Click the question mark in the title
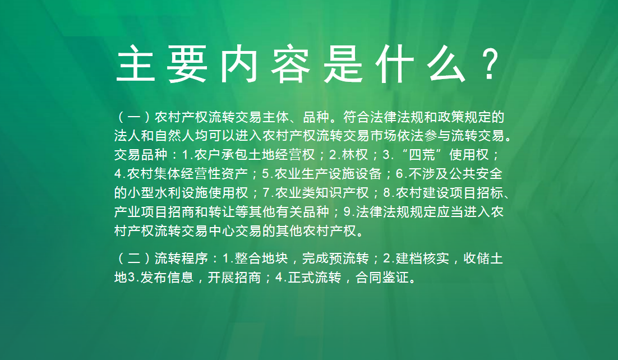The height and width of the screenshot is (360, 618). pos(490,63)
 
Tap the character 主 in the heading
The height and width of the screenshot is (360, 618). pos(136,63)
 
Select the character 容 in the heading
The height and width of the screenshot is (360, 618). pos(290,63)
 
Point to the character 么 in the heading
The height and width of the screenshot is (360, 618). pos(445,63)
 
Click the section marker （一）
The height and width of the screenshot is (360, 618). pos(134,117)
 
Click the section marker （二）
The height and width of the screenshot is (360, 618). pos(134,259)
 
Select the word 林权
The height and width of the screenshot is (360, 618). pos(355,155)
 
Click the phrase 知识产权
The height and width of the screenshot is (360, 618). pos(342,192)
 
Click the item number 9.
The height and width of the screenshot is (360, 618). pos(347,212)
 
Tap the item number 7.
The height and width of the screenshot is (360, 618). pos(266,193)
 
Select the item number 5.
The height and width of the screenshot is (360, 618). pos(265,174)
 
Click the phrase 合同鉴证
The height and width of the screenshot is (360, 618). pos(382,278)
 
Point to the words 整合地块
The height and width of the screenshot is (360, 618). pos(261,259)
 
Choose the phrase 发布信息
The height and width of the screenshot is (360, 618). pos(167,278)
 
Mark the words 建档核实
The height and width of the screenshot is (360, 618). pos(422,259)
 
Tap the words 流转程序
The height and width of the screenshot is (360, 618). pos(181,259)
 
